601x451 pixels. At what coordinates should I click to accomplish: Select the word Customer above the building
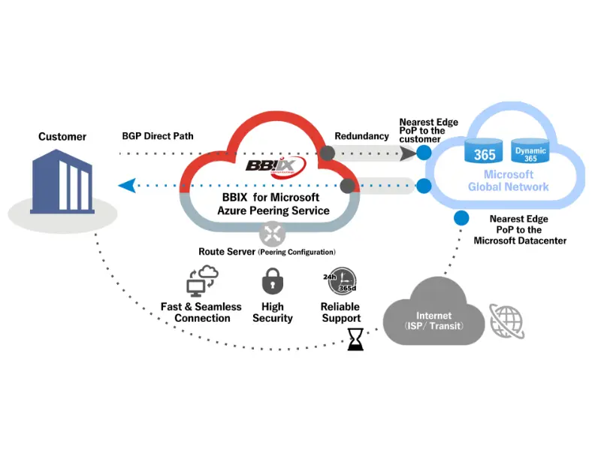[x=62, y=137]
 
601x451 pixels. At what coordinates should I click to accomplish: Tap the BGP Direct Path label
[x=158, y=136]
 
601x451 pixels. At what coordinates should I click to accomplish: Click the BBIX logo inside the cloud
[x=276, y=164]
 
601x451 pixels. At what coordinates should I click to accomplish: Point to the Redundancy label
[x=361, y=136]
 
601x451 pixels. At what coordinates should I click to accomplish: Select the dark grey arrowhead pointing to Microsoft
[x=406, y=153]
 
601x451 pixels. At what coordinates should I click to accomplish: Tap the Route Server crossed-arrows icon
[x=272, y=233]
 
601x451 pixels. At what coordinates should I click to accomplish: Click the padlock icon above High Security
[x=272, y=282]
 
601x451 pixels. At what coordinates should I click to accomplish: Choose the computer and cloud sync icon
[x=201, y=282]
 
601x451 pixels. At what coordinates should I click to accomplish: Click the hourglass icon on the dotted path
[x=355, y=341]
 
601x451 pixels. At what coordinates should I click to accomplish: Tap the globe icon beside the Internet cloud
[x=507, y=319]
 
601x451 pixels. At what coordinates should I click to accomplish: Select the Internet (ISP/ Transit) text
[x=434, y=320]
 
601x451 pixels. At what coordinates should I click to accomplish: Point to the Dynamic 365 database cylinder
[x=530, y=151]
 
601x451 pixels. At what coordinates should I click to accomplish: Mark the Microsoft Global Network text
[x=508, y=180]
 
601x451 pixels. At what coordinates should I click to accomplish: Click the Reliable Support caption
[x=340, y=312]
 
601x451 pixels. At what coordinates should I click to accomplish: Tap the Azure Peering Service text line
[x=273, y=210]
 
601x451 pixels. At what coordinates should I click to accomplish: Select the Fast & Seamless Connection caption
[x=201, y=312]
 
